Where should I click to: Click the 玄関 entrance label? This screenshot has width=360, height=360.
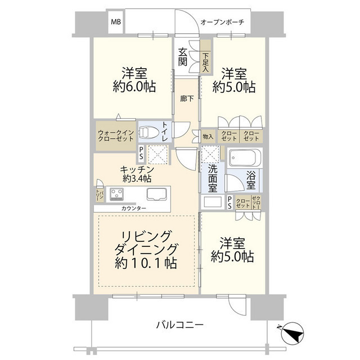click(x=183, y=57)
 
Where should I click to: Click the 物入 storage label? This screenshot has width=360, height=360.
click(x=208, y=136)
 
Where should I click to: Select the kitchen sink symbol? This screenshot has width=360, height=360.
click(x=157, y=195)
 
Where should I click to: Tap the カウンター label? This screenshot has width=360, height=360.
click(x=133, y=208)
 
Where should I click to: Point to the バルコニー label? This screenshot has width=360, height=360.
click(x=179, y=325)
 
